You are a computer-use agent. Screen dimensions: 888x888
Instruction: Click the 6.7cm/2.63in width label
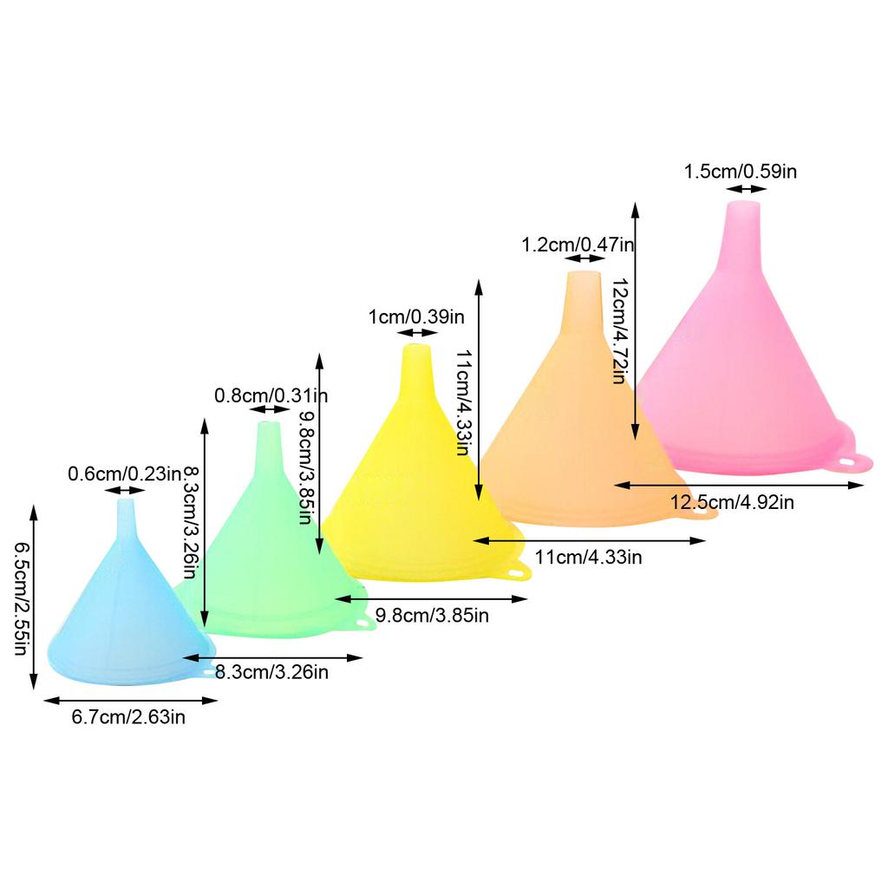point(128,716)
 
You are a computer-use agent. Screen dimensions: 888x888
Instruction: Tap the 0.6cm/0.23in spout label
point(125,473)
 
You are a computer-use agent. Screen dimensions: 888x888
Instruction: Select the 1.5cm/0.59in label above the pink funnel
point(741,171)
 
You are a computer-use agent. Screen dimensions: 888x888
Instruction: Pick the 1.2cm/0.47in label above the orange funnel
point(578,245)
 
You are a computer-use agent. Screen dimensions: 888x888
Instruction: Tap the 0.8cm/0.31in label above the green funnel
point(271,395)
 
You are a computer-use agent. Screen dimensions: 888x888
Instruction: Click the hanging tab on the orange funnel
point(704,513)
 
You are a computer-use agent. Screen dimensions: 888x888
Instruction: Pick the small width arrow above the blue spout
point(125,491)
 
